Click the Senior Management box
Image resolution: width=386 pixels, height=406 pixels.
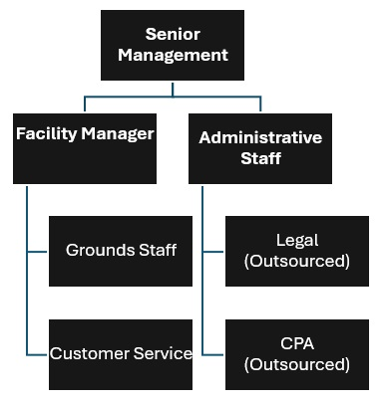[x=173, y=45]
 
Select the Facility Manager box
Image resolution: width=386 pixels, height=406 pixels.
[x=85, y=149]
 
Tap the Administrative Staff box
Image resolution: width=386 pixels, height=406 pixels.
[x=260, y=149]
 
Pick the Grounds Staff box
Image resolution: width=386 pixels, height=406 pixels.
[x=121, y=249]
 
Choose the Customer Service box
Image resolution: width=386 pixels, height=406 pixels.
[x=121, y=353]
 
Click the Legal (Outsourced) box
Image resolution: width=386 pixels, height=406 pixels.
[x=296, y=249]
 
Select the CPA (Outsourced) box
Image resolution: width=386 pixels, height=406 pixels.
[x=296, y=353]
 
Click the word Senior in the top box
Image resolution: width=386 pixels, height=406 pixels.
[x=173, y=35]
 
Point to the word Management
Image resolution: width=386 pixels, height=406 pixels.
[x=173, y=56]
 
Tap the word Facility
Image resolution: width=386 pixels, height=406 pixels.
[x=46, y=133]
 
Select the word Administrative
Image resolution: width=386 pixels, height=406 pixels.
[x=260, y=137]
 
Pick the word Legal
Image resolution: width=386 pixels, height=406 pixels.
[x=296, y=239]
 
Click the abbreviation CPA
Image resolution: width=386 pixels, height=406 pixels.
[x=296, y=343]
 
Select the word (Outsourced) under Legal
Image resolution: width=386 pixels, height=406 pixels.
[x=296, y=261]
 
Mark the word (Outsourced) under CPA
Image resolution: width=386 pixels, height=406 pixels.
[x=296, y=364]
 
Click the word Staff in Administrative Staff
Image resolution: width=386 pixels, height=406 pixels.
[x=260, y=158]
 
